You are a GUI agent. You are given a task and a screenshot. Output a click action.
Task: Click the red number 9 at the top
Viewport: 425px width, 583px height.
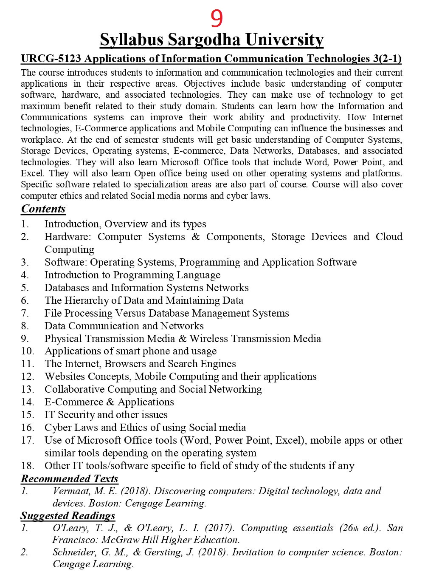pyautogui.click(x=217, y=18)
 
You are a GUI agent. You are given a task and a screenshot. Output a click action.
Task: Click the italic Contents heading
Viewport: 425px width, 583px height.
pyautogui.click(x=43, y=209)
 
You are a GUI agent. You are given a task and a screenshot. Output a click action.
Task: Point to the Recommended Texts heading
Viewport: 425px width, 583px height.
pyautogui.click(x=70, y=478)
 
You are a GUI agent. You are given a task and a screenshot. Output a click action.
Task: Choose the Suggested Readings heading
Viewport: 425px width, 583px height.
pyautogui.click(x=68, y=515)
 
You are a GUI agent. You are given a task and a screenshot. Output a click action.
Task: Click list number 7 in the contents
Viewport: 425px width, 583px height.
pyautogui.click(x=25, y=313)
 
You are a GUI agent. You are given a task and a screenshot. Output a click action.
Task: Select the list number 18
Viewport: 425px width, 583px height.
pyautogui.click(x=27, y=466)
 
